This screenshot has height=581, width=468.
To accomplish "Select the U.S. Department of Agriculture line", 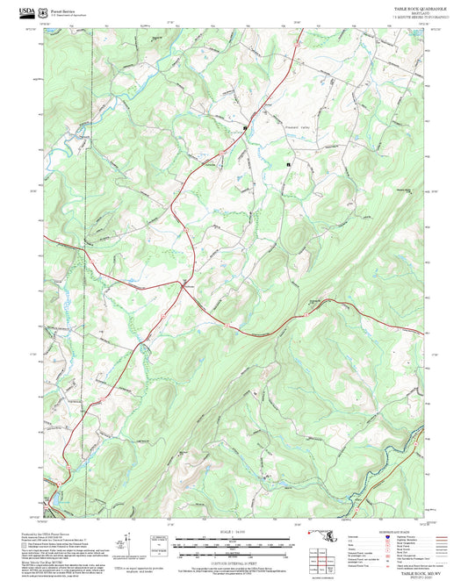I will click(67, 11).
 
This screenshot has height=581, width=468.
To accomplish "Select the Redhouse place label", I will click(187, 286).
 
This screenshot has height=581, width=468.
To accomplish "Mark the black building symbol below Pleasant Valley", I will click(287, 164).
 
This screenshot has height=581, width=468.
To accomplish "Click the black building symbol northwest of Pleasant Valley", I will click(244, 128).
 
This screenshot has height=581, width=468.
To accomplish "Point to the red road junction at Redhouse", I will click(184, 290).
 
